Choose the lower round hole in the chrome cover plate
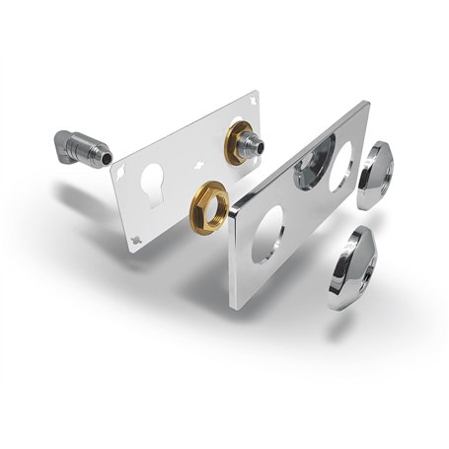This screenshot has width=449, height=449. coord(267,234)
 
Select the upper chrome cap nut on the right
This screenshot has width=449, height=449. coord(375,175)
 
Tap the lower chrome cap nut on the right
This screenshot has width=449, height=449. coord(345,265)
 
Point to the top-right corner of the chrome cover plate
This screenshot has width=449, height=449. coord(366,104)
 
